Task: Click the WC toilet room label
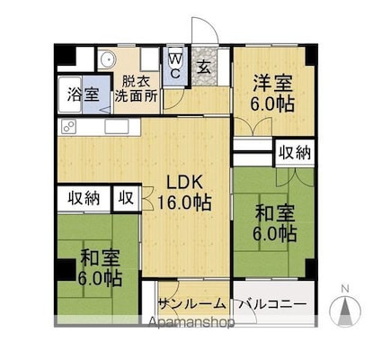175,66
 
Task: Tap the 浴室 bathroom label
83,94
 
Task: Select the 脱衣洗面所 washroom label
137,89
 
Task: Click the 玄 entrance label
204,67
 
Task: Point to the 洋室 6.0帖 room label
273,93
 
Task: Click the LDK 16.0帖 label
184,193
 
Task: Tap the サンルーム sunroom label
192,304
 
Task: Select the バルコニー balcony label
272,305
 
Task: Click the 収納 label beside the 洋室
295,153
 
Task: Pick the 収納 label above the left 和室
84,198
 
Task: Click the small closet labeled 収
126,198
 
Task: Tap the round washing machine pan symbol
107,59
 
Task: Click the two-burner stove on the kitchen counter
69,126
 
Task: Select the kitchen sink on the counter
117,126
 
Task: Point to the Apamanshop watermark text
191,322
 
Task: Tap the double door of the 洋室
253,127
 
